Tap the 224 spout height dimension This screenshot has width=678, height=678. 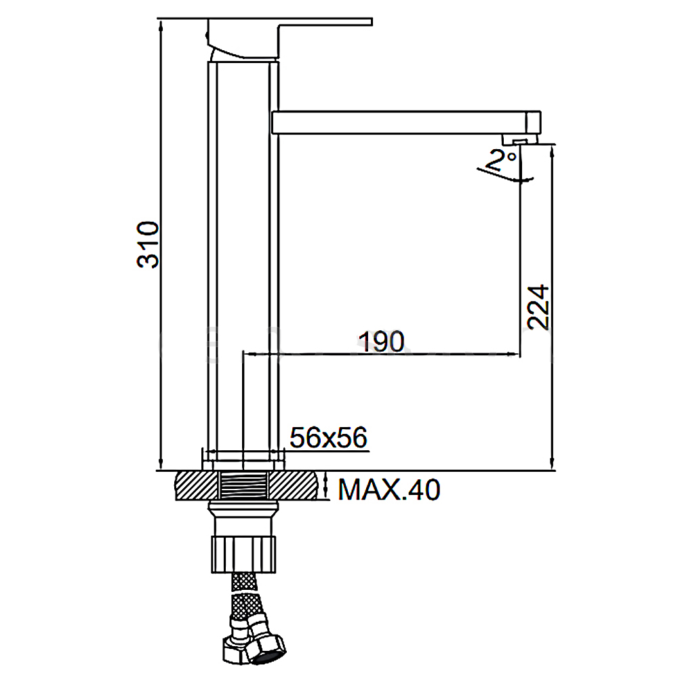point(538,307)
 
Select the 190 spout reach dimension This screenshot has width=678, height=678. point(382,342)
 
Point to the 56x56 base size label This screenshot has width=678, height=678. point(329,437)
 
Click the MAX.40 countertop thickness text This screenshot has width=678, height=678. point(388,490)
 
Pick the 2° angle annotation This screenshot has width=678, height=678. point(501,159)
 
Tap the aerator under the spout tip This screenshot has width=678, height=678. point(519,139)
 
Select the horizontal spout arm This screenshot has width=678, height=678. point(406,122)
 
